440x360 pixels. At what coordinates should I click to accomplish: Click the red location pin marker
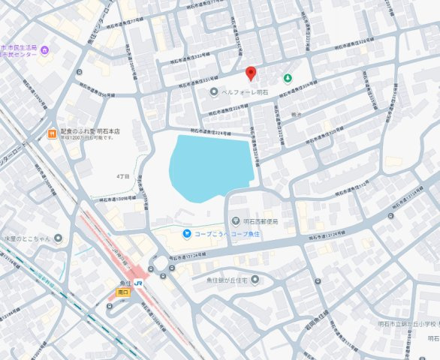[x=252, y=73]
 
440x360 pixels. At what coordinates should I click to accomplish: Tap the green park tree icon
[x=287, y=78]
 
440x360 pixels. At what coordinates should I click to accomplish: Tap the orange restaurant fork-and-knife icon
[x=51, y=133]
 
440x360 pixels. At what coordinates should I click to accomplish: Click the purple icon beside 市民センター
[x=45, y=50]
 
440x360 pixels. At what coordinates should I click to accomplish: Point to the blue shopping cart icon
[x=185, y=234]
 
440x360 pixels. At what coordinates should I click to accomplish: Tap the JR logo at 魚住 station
[x=140, y=282]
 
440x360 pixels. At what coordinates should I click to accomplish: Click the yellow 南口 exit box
[x=124, y=292]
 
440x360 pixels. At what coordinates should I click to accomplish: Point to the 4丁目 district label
[x=122, y=175]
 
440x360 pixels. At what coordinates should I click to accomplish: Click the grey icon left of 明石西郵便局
[x=237, y=221]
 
